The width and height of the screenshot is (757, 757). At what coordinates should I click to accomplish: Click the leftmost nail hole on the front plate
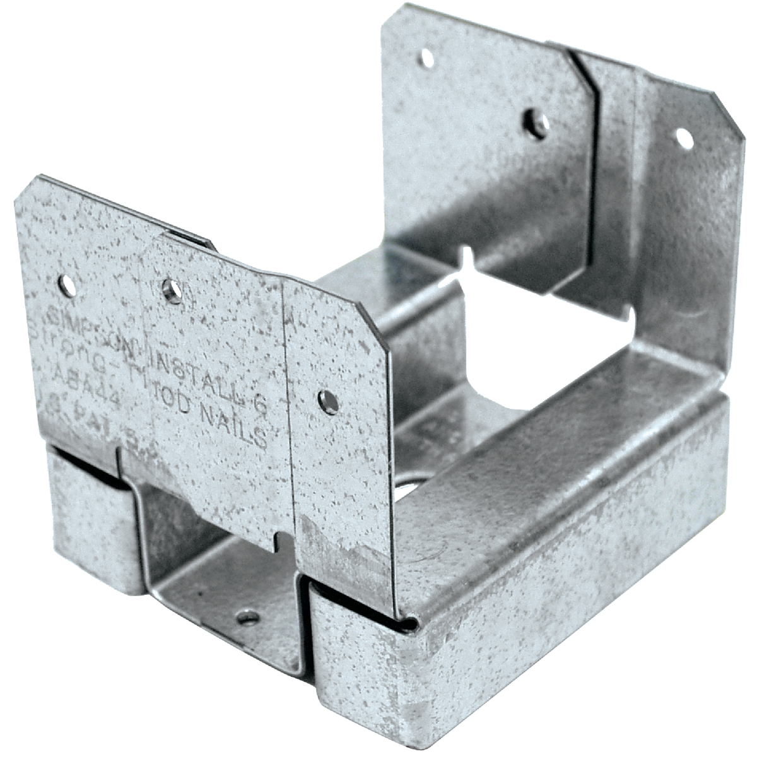tap(66, 286)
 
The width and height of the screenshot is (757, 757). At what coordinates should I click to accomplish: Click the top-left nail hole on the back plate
tap(427, 59)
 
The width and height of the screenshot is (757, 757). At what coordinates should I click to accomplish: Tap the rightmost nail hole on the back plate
tap(684, 138)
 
